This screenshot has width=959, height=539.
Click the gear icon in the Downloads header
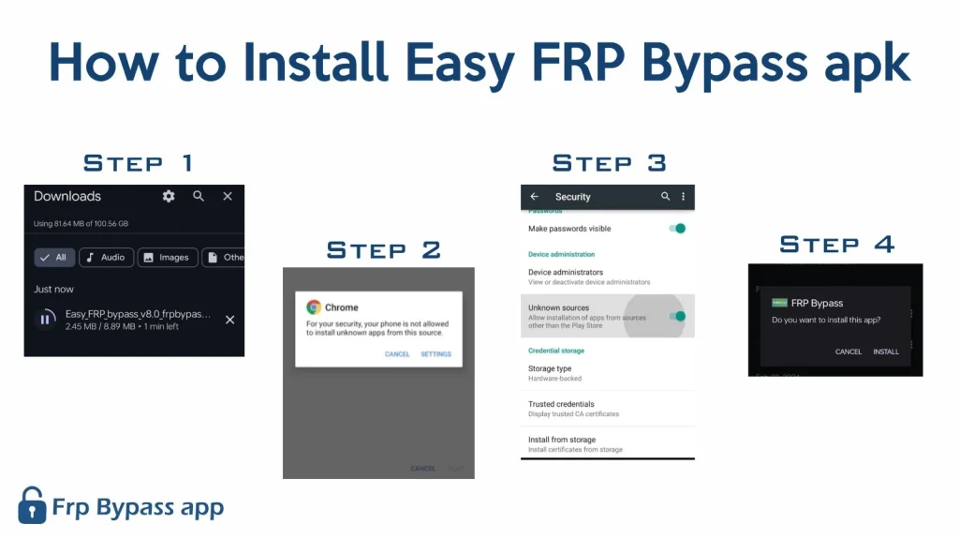[x=169, y=196]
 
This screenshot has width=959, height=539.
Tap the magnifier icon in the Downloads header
[x=199, y=196]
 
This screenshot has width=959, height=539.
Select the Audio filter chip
[x=105, y=257]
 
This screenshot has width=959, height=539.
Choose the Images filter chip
[x=166, y=257]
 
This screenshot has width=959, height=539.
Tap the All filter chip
[x=53, y=257]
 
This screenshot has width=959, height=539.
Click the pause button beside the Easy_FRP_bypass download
[x=44, y=320]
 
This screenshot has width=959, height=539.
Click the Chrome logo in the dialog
[x=314, y=307]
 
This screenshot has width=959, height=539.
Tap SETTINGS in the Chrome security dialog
[x=435, y=354]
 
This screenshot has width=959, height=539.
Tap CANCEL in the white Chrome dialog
[x=397, y=354]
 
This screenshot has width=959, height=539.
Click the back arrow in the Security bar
[x=535, y=197]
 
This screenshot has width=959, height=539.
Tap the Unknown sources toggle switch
[x=677, y=316]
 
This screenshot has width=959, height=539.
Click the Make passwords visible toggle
[x=677, y=229]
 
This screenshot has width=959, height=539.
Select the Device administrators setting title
[x=566, y=272]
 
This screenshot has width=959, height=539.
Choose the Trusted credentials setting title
[x=561, y=404]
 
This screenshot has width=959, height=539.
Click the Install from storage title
[x=562, y=440]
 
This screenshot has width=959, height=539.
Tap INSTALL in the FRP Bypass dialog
[x=886, y=352]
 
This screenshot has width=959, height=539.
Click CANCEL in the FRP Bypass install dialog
[x=848, y=352]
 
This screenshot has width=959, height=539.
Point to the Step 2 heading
[x=383, y=250]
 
